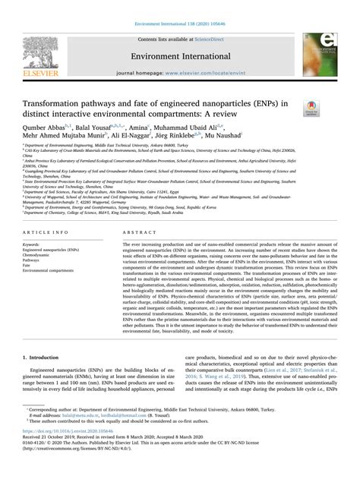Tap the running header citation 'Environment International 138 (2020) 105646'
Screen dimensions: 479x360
tap(179, 5)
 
